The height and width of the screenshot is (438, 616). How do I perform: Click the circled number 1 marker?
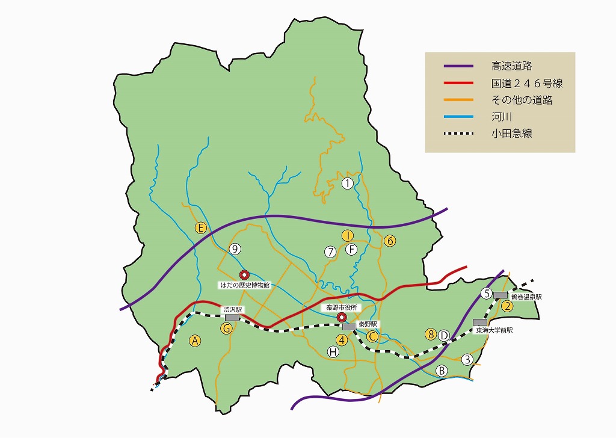tap(347, 184)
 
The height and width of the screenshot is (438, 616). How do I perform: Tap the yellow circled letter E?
tap(201, 227)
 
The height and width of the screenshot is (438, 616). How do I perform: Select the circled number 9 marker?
tap(235, 248)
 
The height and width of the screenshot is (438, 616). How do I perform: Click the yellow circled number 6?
tap(390, 241)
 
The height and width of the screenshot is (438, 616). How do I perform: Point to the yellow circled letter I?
tap(347, 235)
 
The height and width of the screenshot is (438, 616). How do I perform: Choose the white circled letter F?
tap(352, 249)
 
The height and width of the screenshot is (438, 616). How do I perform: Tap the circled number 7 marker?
tap(330, 252)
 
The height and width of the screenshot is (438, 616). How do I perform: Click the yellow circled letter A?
tap(194, 341)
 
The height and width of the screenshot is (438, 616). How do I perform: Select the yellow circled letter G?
tap(226, 328)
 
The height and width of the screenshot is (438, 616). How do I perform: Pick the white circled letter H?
tap(333, 352)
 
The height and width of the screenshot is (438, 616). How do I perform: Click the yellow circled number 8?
tap(430, 334)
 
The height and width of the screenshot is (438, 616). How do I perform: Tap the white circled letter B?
tap(442, 371)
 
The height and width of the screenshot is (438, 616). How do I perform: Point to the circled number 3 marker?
tap(467, 360)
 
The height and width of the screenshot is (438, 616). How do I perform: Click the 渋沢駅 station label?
tap(232, 310)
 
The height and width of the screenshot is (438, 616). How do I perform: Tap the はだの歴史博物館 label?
tap(244, 285)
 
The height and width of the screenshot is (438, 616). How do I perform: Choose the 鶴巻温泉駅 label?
tap(526, 297)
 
